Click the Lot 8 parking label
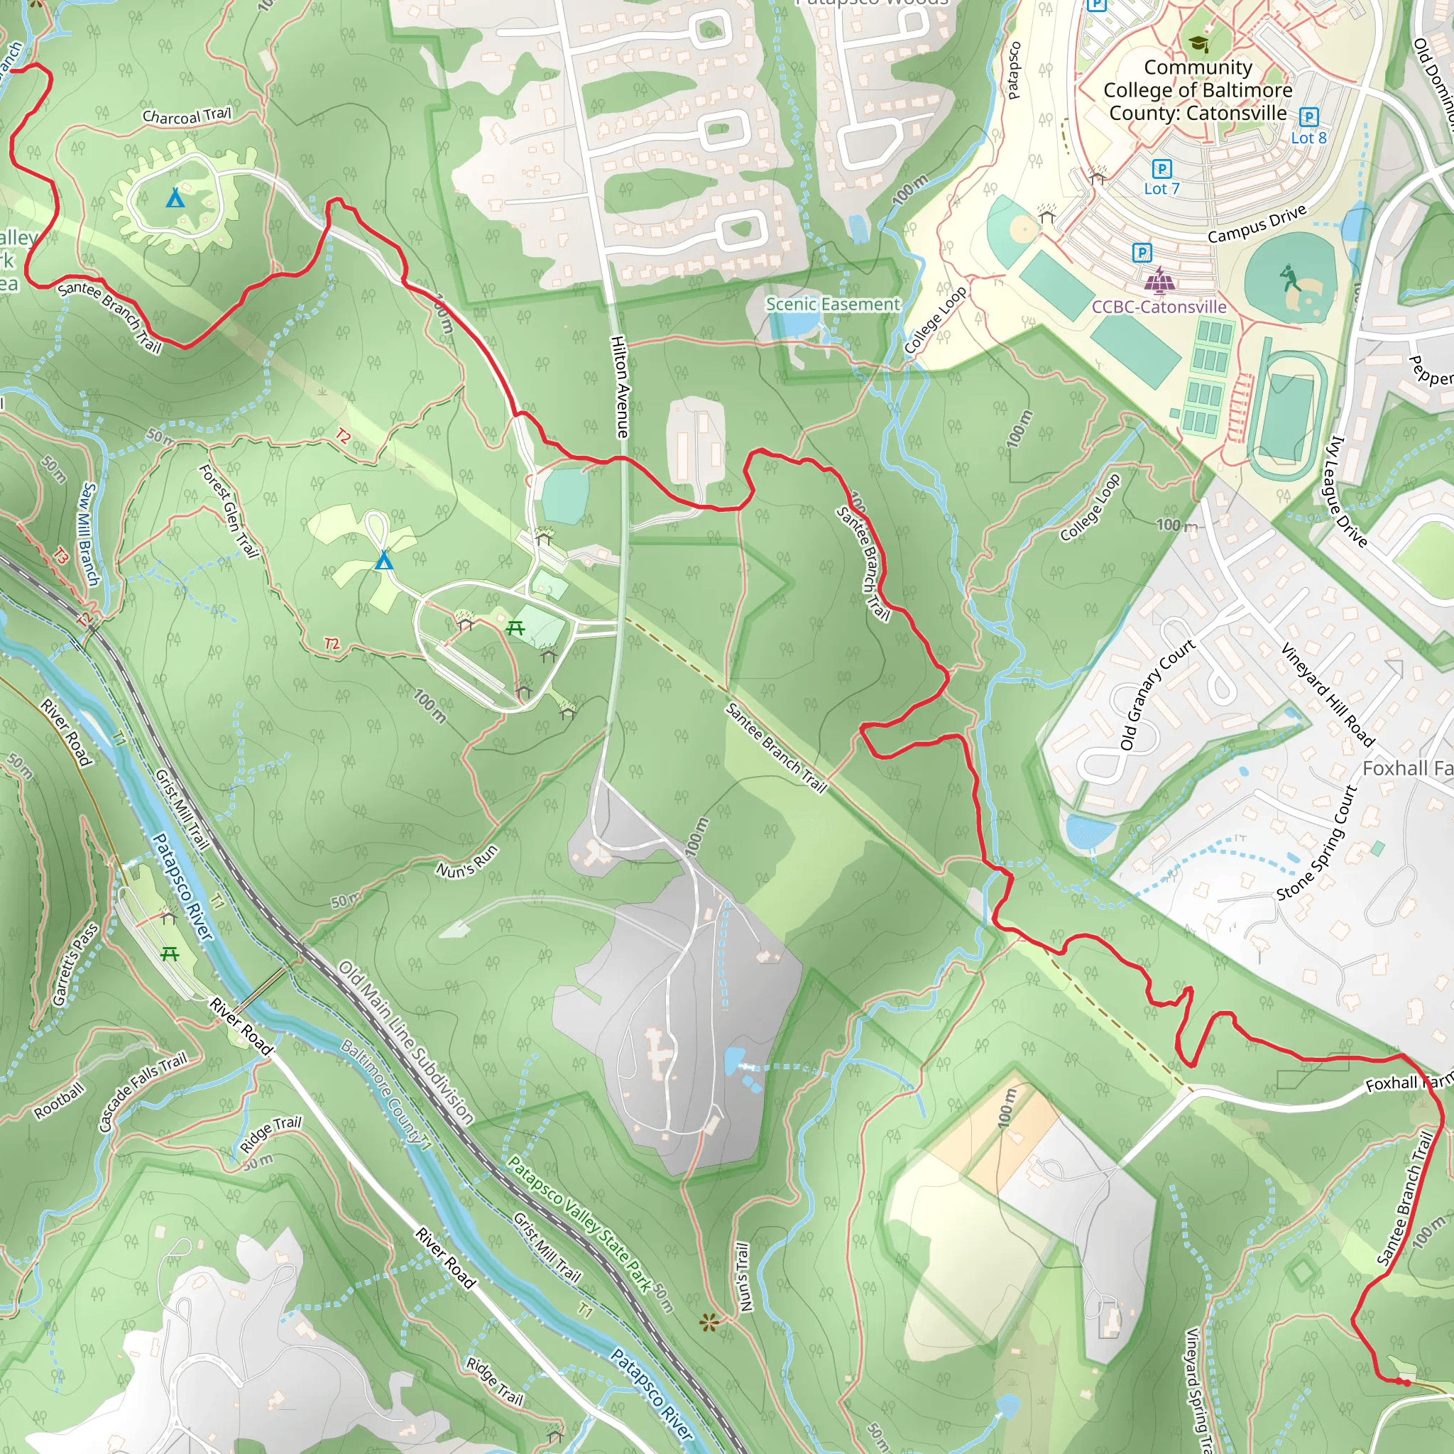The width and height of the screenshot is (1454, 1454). tap(1308, 138)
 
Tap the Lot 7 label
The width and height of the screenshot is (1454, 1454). tap(1161, 189)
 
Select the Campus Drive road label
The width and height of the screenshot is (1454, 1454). tap(1257, 224)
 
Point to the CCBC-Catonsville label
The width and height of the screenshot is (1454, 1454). tap(1159, 306)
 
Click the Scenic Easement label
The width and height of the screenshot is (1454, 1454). tap(832, 304)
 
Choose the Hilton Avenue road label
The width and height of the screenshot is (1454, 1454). tap(620, 387)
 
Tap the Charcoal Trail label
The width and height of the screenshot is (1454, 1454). tap(187, 116)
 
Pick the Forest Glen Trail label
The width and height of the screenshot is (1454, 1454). tap(229, 511)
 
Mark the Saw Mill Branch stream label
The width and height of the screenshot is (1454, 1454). tap(89, 535)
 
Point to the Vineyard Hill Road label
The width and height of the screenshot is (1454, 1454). tap(1328, 695)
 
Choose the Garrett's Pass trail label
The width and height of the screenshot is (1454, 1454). tap(75, 964)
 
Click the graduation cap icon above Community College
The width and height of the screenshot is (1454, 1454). tap(1199, 43)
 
